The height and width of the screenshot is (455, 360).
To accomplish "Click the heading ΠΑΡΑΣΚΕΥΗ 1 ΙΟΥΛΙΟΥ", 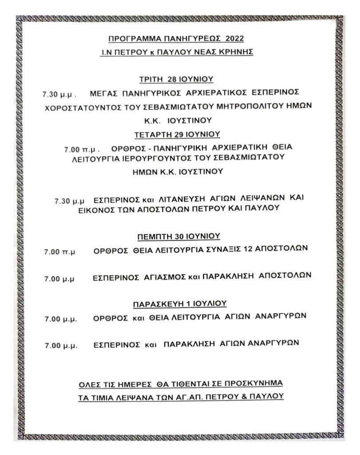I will point(180,303).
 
